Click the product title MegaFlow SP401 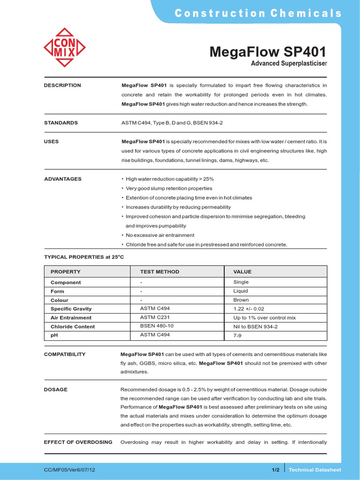coord(268,52)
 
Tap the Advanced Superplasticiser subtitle coord(289,63)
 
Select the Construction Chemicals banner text coord(258,13)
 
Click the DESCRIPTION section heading coord(62,85)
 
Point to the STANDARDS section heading coord(61,123)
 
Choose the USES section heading coord(52,142)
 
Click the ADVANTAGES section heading coord(63,179)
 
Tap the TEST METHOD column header coord(159,272)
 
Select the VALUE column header coord(242,272)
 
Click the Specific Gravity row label coord(71,309)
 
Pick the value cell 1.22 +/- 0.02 coord(248,309)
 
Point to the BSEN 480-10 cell coord(157,326)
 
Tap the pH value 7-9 coord(238,336)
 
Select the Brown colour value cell coord(241,300)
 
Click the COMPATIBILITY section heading coord(65,354)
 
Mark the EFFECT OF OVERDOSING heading coord(78,442)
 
